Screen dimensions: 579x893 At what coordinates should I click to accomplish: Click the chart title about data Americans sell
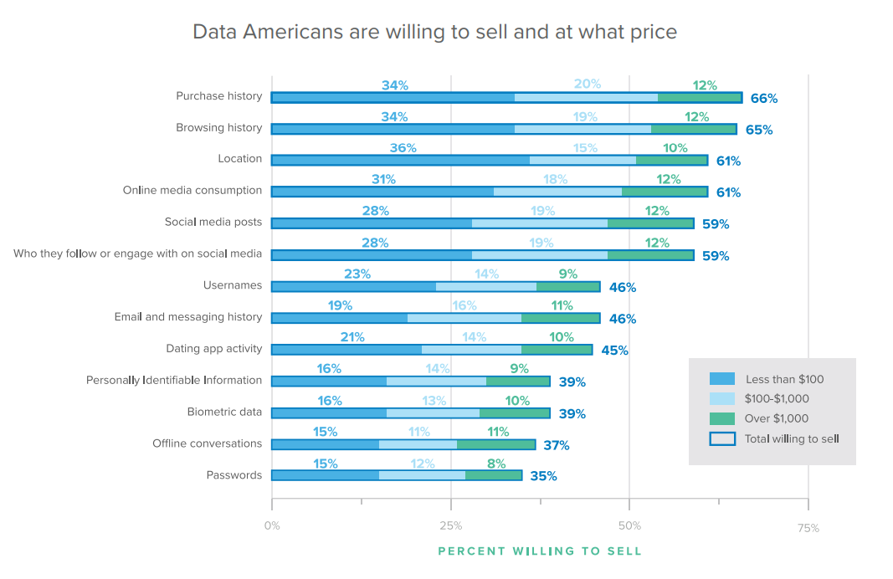point(434,32)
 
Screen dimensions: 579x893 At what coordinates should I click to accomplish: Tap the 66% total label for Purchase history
point(763,99)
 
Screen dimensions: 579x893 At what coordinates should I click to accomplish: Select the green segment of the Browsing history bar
point(693,129)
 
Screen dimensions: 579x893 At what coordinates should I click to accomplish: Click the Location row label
point(239,159)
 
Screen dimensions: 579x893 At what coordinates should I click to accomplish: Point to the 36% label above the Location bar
point(403,148)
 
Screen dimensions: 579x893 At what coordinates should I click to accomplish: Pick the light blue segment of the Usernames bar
point(485,286)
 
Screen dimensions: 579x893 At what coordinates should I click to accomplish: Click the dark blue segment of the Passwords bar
point(325,475)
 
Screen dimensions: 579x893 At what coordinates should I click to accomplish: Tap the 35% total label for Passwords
point(543,477)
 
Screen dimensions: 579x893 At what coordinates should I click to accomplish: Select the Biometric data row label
point(224,412)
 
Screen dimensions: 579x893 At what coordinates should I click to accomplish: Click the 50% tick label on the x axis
point(629,526)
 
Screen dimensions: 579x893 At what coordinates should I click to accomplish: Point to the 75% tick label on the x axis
point(808,528)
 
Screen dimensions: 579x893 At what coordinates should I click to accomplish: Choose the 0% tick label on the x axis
point(272,526)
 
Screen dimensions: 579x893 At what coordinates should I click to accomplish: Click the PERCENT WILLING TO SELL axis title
point(540,551)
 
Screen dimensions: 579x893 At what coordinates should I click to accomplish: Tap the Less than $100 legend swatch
point(721,379)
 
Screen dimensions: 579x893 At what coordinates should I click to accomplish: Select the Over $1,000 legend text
point(777,418)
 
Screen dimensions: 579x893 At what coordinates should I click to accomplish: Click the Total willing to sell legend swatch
point(721,438)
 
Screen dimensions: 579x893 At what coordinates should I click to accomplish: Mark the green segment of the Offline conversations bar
point(495,443)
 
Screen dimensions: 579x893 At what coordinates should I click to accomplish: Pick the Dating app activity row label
point(213,348)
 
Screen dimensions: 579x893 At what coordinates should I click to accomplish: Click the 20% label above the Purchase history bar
point(587,85)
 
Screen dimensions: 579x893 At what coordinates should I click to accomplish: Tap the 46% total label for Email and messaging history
point(622,319)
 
